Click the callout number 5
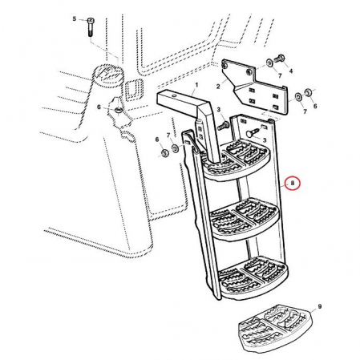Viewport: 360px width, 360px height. click(75, 18)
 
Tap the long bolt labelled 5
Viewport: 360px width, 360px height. click(91, 27)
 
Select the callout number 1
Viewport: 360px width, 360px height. click(196, 85)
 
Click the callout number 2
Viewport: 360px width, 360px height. click(218, 87)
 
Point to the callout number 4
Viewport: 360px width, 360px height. click(291, 71)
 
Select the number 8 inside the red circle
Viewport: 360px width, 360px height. click(293, 184)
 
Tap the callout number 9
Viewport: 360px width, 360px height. click(320, 306)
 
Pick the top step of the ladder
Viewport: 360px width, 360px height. click(237, 161)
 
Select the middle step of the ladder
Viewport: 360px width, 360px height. click(245, 219)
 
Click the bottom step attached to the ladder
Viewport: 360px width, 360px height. click(253, 278)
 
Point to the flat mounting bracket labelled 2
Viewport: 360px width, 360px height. click(255, 88)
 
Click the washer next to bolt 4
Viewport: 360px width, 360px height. click(269, 63)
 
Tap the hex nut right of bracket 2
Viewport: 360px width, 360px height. click(308, 91)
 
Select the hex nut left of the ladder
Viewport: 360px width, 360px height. click(164, 153)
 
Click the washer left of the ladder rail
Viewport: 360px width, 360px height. click(176, 148)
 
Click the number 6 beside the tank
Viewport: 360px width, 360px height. click(99, 107)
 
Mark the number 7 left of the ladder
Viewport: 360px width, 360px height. click(168, 135)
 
